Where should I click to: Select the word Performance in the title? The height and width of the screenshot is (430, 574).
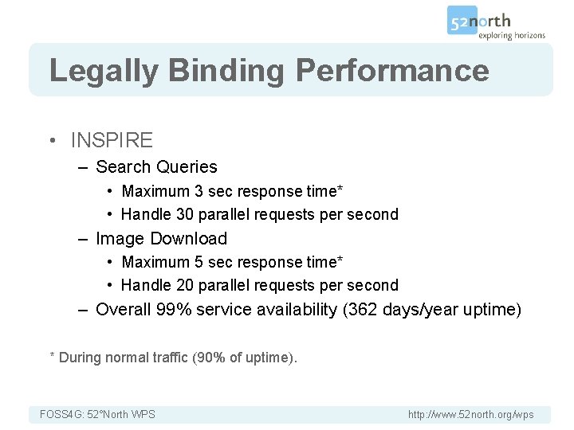pos(392,70)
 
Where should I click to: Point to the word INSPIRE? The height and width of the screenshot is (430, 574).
pos(112,141)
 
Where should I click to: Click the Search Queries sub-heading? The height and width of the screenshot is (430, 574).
pos(156,167)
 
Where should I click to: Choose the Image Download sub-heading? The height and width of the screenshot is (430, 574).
pos(161,239)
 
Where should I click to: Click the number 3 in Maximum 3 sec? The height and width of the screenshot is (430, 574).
pos(198,191)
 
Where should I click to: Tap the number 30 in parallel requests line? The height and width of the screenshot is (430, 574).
pos(185,214)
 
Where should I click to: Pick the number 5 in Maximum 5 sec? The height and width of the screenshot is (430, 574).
pos(198,262)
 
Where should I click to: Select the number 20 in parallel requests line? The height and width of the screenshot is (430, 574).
pos(185,285)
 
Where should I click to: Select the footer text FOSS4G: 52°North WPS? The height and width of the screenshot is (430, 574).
pos(97,414)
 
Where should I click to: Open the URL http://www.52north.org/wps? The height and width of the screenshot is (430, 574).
pos(470,414)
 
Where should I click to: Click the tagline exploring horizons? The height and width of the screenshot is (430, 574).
pos(512,35)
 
